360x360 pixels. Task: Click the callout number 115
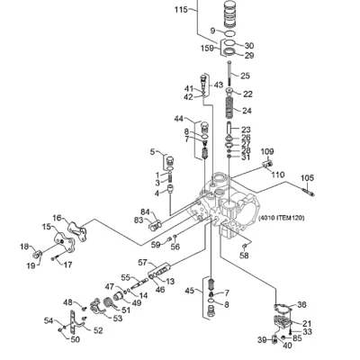click(181, 10)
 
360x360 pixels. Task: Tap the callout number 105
click(307, 178)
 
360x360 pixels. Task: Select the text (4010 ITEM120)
click(282, 218)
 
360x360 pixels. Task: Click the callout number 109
click(267, 152)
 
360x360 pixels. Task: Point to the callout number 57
click(142, 263)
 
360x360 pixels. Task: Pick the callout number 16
click(57, 218)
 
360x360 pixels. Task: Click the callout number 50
click(76, 339)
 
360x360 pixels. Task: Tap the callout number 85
click(297, 338)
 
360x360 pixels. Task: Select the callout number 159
click(207, 48)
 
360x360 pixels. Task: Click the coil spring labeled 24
click(230, 107)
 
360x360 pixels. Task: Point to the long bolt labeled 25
click(229, 73)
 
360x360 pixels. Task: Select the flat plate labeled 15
click(64, 242)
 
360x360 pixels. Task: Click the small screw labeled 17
click(53, 258)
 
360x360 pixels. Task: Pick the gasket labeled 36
click(283, 309)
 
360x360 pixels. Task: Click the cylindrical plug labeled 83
click(156, 225)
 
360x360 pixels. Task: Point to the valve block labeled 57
click(159, 271)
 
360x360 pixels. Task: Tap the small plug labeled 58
click(244, 247)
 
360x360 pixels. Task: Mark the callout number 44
click(179, 119)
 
